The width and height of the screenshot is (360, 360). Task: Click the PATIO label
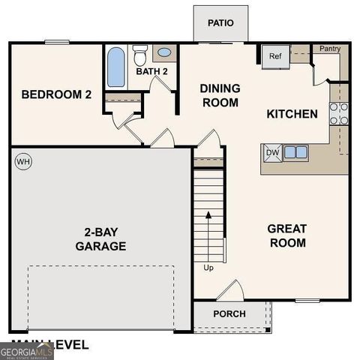click(x=220, y=22)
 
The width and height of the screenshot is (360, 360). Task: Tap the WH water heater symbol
click(x=22, y=161)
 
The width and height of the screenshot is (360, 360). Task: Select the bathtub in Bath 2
click(x=116, y=67)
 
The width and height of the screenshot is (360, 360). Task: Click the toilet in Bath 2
click(x=140, y=55)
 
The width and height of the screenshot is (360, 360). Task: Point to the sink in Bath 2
click(x=163, y=53)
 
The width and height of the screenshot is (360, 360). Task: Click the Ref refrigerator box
click(x=274, y=56)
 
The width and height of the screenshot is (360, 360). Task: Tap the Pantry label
click(x=330, y=49)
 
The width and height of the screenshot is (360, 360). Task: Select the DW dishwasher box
click(x=271, y=152)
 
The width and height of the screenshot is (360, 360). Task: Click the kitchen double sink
click(x=295, y=152)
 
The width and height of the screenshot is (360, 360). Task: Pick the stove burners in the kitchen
click(x=339, y=112)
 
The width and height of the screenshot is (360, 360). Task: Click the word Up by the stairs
click(x=208, y=266)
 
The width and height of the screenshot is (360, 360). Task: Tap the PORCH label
click(x=229, y=313)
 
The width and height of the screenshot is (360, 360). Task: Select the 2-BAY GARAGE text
click(x=100, y=238)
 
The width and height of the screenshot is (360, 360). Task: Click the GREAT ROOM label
click(x=287, y=235)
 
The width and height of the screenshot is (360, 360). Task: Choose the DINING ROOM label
click(x=220, y=95)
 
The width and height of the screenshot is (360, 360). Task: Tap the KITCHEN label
click(x=292, y=114)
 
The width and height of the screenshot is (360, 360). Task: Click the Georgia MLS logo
click(x=26, y=351)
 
